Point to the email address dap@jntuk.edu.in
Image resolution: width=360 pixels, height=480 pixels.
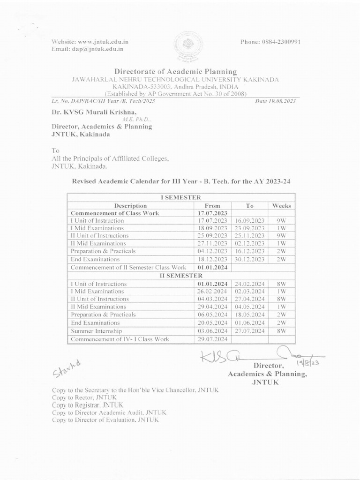pyautogui.click(x=88, y=48)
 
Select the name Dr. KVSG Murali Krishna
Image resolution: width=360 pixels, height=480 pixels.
pyautogui.click(x=94, y=112)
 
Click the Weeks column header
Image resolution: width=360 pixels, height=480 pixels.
pyautogui.click(x=281, y=205)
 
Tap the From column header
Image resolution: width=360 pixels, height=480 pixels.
pyautogui.click(x=212, y=205)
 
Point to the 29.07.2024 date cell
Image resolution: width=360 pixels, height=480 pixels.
pyautogui.click(x=212, y=339)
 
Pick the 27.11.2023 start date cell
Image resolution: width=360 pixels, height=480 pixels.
pyautogui.click(x=212, y=243)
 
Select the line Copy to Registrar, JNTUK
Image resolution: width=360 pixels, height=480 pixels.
pyautogui.click(x=88, y=405)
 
